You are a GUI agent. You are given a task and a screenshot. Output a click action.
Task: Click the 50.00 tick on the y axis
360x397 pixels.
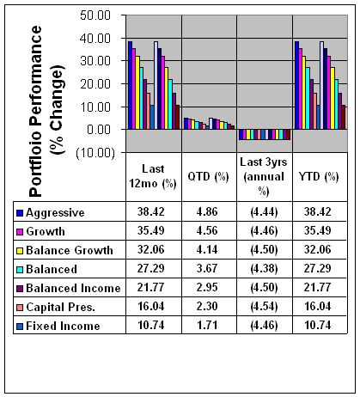pos(95,15)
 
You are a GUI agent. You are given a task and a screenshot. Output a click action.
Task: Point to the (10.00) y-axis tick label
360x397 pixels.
pos(95,153)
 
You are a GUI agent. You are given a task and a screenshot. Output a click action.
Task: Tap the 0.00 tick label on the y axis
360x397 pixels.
pos(99,130)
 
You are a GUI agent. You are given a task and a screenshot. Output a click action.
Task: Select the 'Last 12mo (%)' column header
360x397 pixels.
pos(153,176)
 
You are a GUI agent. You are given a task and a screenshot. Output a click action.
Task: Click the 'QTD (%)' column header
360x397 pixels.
pos(208,176)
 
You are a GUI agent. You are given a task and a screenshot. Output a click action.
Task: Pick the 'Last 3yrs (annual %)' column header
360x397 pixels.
pos(264,176)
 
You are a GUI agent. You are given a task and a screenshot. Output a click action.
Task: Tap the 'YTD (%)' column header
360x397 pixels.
pos(319,176)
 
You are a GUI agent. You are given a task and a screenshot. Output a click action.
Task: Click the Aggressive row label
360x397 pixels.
pos(55,213)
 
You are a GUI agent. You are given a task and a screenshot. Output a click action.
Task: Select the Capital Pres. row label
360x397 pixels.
pos(60,307)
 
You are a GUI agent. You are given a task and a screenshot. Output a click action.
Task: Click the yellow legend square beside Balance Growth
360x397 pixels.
pos(20,251)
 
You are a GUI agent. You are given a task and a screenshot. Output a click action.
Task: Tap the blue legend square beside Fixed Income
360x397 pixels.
pos(20,327)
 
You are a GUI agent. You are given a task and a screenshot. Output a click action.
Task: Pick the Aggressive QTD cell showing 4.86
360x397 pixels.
pos(207,211)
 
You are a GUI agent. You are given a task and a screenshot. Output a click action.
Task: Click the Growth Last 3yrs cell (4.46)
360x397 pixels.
pos(264,231)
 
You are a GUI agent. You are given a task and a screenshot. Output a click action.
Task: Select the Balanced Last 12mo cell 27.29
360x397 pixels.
pos(150,268)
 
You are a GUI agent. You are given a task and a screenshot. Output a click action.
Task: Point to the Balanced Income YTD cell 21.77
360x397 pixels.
pos(317,287)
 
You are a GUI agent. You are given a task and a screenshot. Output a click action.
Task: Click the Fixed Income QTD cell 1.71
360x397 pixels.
pos(207,325)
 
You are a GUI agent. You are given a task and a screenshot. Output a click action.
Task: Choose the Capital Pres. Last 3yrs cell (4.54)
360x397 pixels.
pos(264,307)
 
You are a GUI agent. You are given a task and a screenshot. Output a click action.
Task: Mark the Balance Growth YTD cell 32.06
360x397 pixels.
pos(317,249)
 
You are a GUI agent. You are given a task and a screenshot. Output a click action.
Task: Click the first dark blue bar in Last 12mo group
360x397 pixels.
pos(130,85)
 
